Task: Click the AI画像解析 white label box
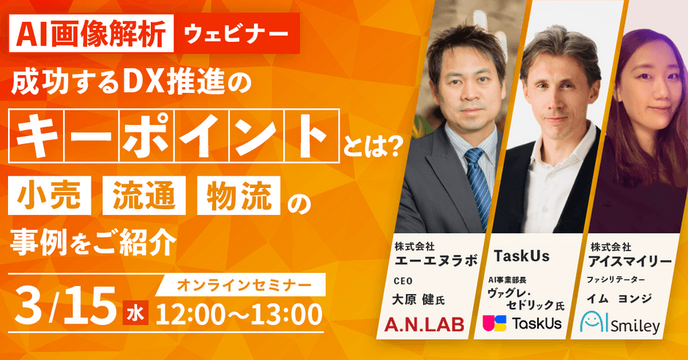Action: tap(91, 34)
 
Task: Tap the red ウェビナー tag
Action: tap(237, 34)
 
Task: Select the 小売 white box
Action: tap(50, 195)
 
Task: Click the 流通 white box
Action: tap(144, 195)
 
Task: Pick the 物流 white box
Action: tap(239, 195)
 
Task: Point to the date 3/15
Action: tap(66, 306)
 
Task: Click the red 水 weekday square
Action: tap(135, 312)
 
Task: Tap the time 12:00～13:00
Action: tap(239, 315)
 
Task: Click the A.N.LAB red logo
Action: tap(425, 324)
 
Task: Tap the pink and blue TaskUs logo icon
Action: tap(495, 323)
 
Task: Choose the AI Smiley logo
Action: tap(620, 323)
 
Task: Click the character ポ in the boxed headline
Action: tap(146, 135)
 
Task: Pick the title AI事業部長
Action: tap(507, 280)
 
